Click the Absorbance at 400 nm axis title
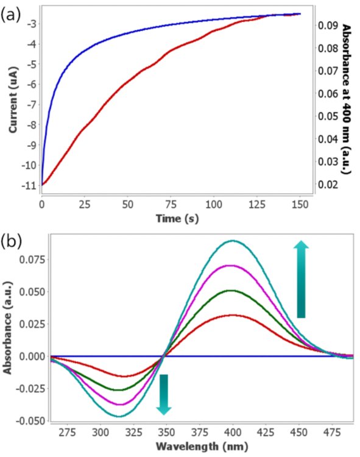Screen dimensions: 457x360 347,99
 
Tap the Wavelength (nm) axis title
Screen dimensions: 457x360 202,446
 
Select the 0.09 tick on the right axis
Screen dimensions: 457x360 328,26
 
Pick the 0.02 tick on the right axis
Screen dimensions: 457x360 328,184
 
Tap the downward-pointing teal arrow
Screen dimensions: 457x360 164,394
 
